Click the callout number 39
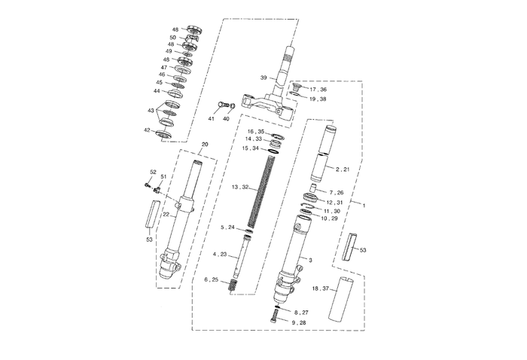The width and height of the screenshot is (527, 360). click(263, 78)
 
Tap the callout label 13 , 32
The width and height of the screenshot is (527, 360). click(240, 186)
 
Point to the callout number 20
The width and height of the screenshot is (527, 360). click(205, 144)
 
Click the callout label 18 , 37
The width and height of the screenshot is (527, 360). click(321, 288)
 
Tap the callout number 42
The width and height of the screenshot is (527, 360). click(148, 130)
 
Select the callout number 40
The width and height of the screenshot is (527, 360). click(226, 119)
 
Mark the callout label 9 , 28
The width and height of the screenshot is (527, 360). click(299, 322)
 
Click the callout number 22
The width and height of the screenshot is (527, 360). click(166, 214)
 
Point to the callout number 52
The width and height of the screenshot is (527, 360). click(153, 172)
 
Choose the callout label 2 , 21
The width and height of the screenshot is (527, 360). click(343, 169)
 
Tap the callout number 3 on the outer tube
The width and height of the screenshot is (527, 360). click(310, 258)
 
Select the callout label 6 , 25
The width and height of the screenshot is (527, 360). click(213, 279)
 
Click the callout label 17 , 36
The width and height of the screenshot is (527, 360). click(318, 90)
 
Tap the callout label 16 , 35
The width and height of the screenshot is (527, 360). click(254, 131)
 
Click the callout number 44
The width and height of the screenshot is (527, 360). click(157, 91)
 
